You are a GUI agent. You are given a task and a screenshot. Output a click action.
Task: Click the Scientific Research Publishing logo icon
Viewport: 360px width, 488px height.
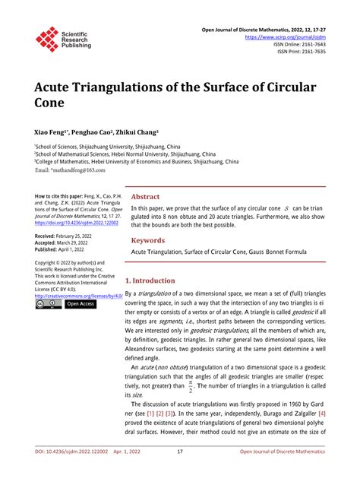47,39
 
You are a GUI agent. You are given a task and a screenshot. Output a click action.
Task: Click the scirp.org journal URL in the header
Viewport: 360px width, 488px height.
285,36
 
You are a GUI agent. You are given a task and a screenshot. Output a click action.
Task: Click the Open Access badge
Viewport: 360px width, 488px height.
80,303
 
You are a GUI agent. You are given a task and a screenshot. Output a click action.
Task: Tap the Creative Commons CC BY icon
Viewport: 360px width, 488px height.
49,303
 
